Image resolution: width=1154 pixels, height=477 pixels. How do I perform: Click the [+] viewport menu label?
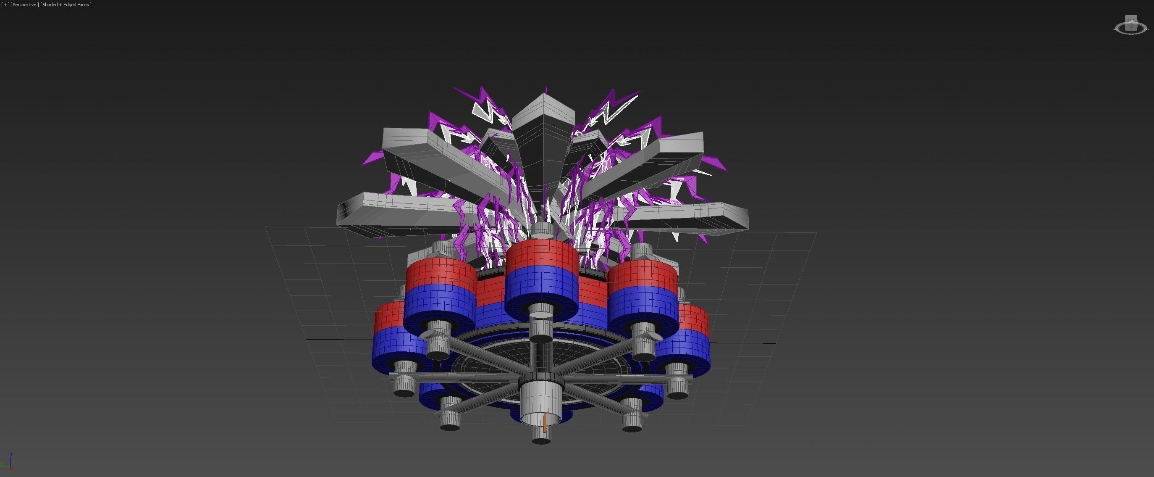pyautogui.click(x=5, y=5)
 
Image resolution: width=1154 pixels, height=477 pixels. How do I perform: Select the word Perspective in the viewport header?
pyautogui.click(x=24, y=5)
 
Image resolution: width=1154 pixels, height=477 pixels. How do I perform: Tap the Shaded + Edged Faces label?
pyautogui.click(x=66, y=5)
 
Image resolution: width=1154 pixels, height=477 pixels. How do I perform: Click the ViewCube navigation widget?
pyautogui.click(x=1131, y=26)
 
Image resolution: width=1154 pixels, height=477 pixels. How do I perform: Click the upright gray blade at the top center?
pyautogui.click(x=544, y=134)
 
